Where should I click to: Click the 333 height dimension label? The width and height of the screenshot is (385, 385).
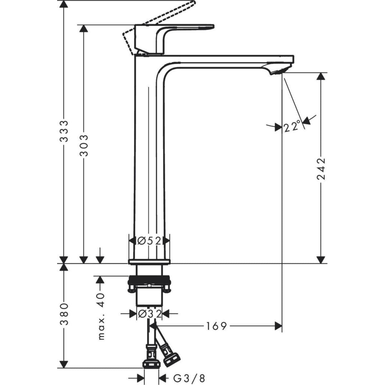(65, 131)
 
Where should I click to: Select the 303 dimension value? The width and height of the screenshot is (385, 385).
(84, 145)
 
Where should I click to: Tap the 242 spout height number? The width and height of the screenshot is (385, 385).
(321, 169)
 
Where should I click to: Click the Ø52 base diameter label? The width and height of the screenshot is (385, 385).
(149, 240)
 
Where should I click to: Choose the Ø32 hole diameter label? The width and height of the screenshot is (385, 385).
(149, 314)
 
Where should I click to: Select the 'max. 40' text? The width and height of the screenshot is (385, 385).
(102, 316)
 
